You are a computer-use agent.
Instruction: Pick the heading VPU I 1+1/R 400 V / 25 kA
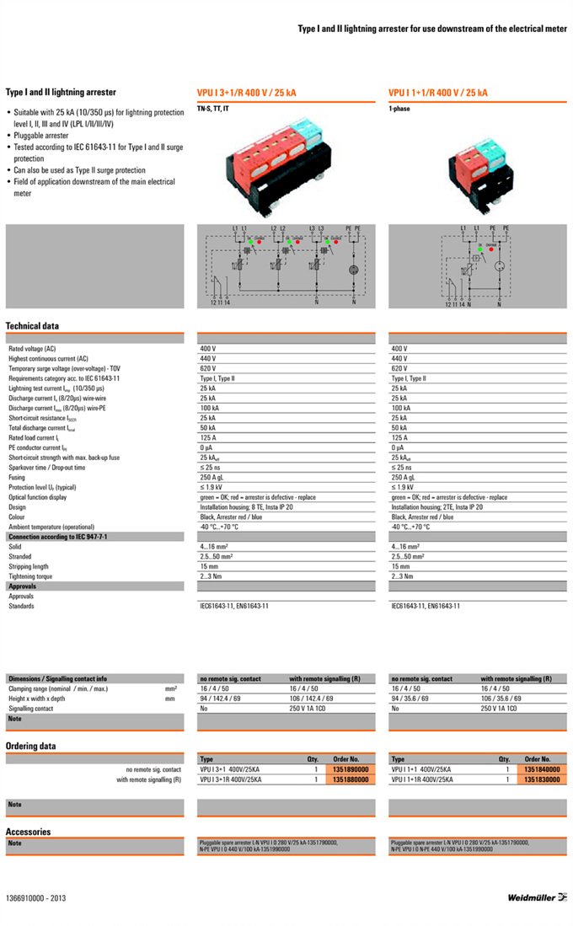click(438, 93)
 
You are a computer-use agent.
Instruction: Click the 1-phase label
click(399, 109)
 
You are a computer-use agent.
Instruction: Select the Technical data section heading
click(32, 325)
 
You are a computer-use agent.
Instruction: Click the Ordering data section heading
click(31, 746)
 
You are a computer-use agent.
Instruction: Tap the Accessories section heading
click(28, 832)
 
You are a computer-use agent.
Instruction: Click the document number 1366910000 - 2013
click(35, 898)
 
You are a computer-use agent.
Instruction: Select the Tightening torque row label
click(30, 576)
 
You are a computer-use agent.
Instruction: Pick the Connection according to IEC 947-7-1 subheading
click(57, 537)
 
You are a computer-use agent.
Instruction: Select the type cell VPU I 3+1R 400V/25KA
click(231, 780)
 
